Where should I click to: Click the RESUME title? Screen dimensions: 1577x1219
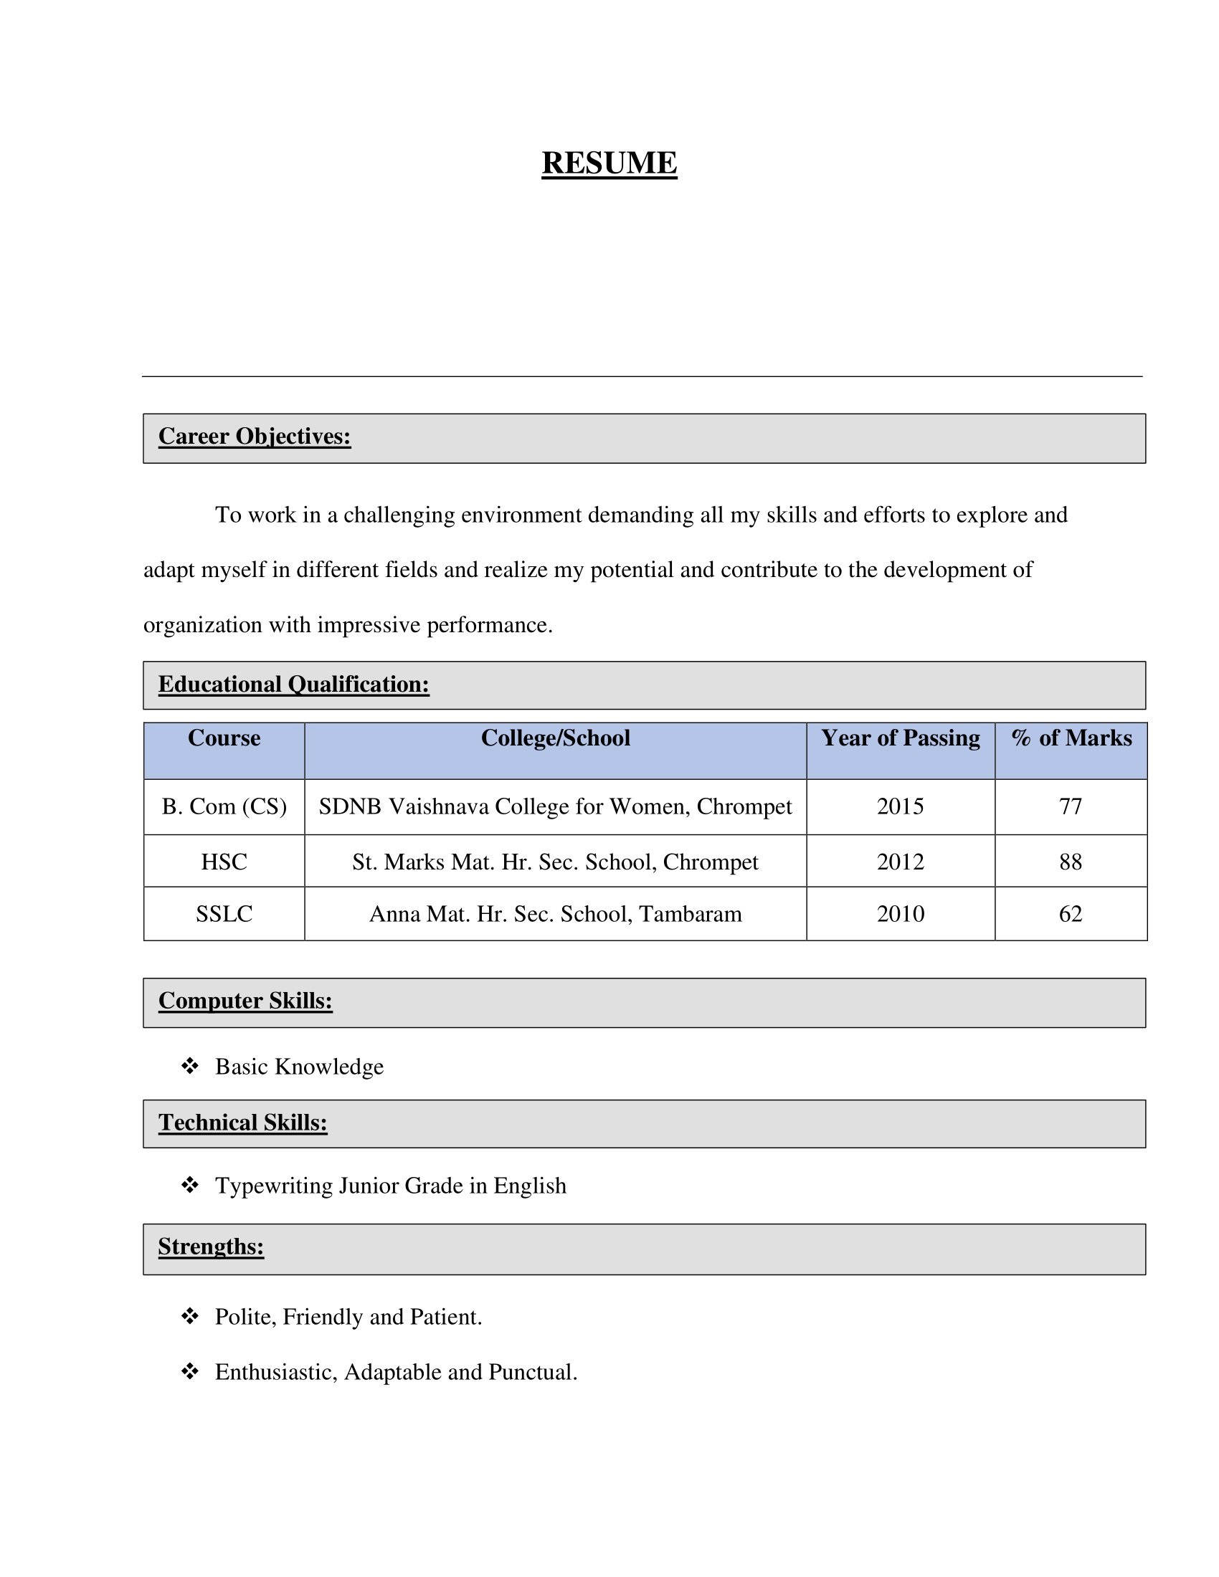click(609, 163)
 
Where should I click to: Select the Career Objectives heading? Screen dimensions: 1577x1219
click(255, 436)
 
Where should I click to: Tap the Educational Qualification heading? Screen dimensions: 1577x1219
click(293, 684)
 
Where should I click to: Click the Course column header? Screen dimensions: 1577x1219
click(224, 738)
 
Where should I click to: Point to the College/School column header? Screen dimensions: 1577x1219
click(555, 738)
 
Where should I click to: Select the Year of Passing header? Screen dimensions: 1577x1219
click(900, 738)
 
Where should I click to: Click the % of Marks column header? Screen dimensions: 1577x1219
click(1071, 738)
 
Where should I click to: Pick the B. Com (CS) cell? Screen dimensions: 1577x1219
click(224, 806)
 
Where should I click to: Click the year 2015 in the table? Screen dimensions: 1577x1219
click(900, 806)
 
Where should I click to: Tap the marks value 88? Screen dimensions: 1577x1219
click(1071, 862)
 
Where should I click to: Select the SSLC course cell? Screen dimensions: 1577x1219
click(224, 914)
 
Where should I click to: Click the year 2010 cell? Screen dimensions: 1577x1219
click(900, 914)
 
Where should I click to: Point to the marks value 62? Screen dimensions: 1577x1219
click(1071, 914)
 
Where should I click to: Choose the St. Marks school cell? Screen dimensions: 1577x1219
click(555, 862)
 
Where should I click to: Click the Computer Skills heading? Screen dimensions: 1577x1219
click(245, 1001)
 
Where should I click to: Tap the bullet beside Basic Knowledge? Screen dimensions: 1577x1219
click(190, 1066)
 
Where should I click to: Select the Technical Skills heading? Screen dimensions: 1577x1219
click(242, 1123)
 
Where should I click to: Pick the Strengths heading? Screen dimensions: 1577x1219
click(211, 1247)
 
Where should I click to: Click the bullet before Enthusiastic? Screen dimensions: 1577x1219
click(190, 1371)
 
